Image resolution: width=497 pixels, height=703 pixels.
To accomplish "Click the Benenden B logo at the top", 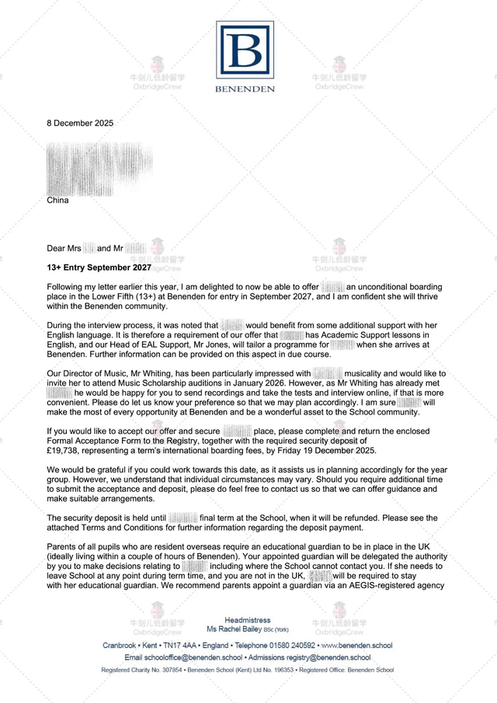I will pos(245,50).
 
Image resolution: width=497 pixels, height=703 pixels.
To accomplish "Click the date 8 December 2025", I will pos(80,123).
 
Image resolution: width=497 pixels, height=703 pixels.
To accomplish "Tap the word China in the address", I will pos(57,200).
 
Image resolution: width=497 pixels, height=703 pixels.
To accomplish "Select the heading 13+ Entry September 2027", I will pos(99,267).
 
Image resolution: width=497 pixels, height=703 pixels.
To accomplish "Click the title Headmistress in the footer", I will pos(246,620).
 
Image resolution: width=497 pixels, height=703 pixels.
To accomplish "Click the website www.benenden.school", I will pos(356,646).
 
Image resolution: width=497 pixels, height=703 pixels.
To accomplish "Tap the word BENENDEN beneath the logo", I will pos(245,89).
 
